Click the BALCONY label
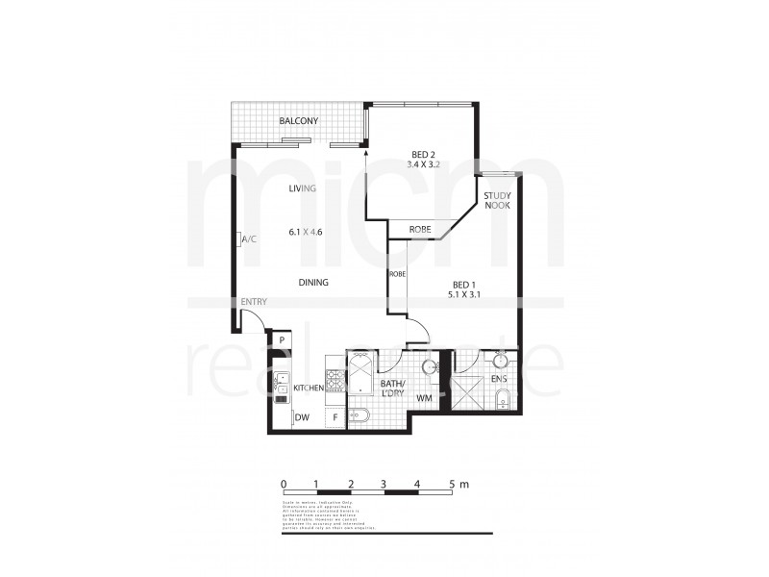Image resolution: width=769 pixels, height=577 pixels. click(x=298, y=121)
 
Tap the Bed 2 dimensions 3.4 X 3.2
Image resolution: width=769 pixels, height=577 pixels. click(x=424, y=165)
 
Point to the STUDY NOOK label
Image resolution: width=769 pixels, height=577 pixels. click(x=497, y=200)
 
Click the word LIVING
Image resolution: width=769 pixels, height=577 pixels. click(x=303, y=188)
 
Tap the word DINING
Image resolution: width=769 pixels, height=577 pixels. click(x=313, y=283)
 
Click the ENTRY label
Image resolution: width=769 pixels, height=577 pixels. click(x=254, y=302)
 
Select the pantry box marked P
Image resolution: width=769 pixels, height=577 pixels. click(x=282, y=340)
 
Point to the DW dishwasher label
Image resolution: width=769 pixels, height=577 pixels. click(x=302, y=417)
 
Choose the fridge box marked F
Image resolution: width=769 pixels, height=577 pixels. click(x=335, y=417)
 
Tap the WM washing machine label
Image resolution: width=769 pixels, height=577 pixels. click(x=424, y=397)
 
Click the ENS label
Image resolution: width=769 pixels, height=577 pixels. click(x=498, y=380)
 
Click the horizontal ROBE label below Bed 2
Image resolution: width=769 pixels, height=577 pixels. click(x=419, y=230)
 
